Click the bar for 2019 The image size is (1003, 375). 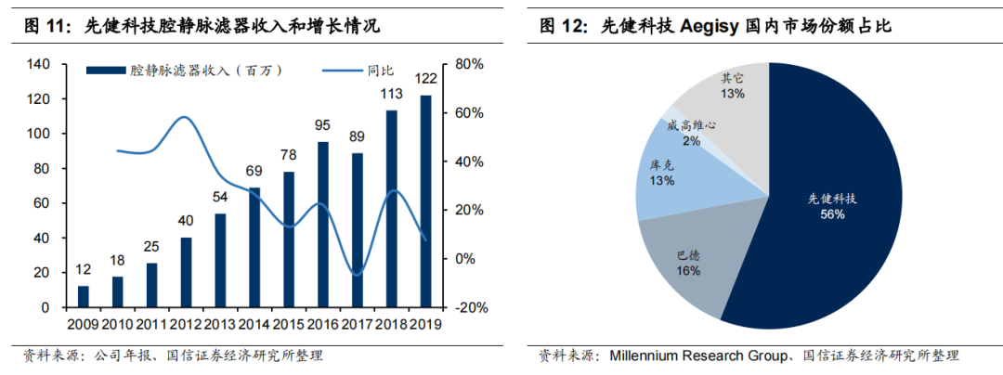point(426,200)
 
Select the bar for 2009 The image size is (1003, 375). point(84,296)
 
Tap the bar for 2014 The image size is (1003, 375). point(254,247)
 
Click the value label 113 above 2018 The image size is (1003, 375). point(392,94)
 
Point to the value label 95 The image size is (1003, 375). point(323,125)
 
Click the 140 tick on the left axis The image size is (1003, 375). point(37,64)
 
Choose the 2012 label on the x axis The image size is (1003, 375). point(186,324)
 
